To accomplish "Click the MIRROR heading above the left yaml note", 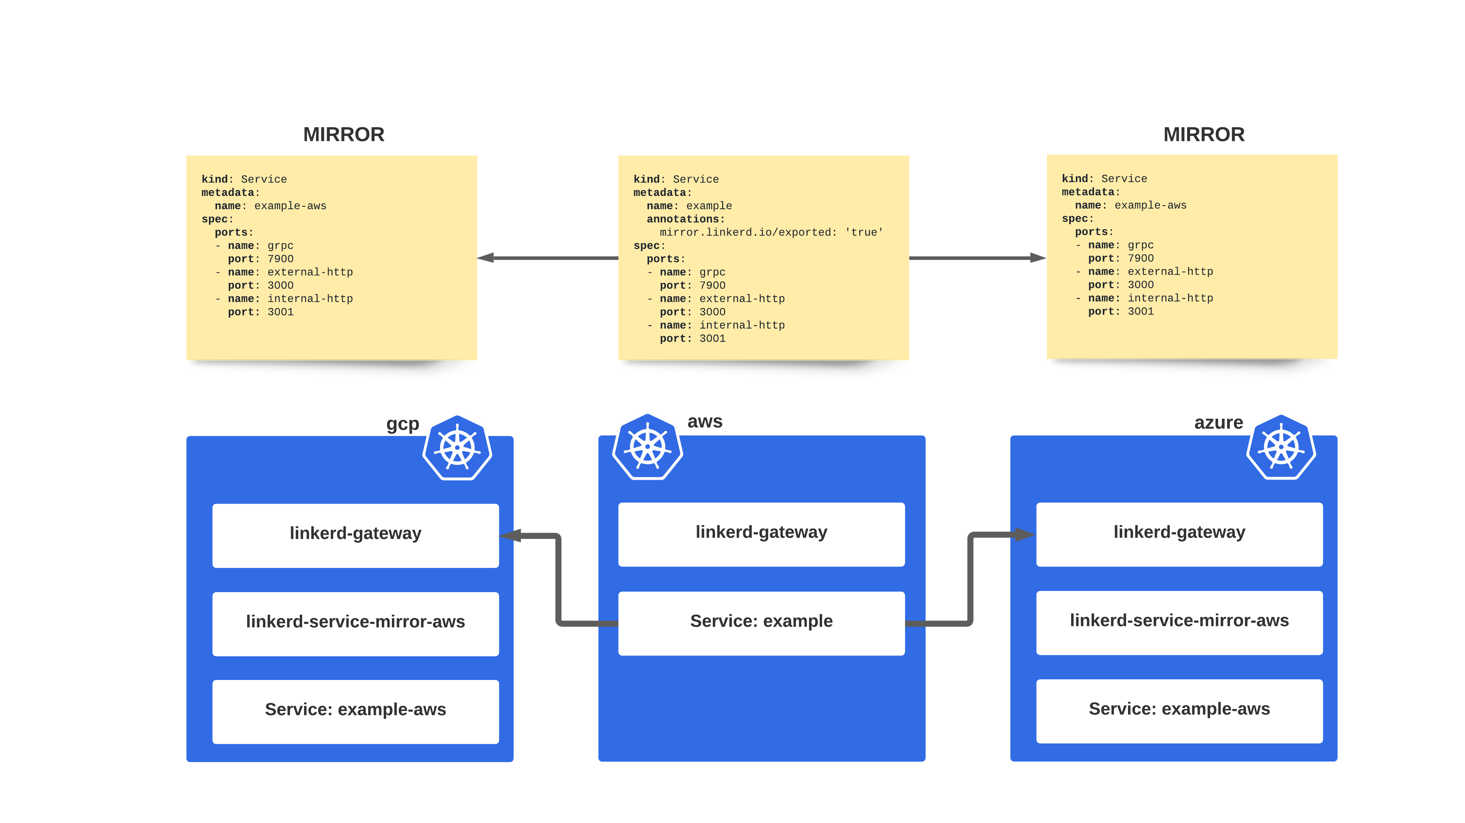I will (343, 135).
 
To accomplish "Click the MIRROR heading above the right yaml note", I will (1203, 135).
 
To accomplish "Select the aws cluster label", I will (705, 422).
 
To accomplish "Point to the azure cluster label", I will (1218, 423).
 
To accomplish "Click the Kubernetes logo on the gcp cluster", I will (457, 448).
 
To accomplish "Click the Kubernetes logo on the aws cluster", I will (647, 447).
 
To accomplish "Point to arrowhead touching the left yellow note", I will (486, 258).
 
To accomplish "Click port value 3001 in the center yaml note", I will (712, 339).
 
